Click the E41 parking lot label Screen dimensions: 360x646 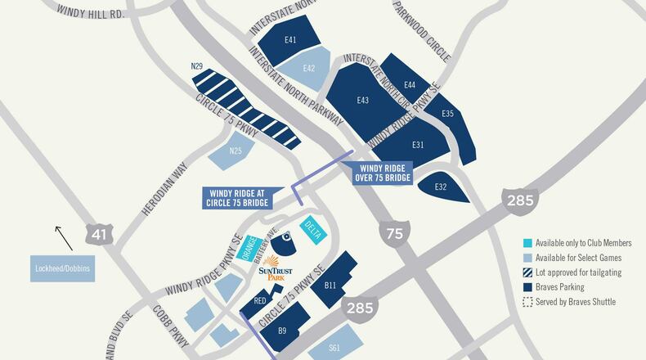point(289,39)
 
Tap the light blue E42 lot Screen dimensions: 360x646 point(308,68)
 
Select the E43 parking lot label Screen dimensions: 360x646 point(363,100)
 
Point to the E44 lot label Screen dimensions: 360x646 point(410,85)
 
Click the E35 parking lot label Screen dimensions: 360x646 point(447,113)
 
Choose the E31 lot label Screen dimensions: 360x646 point(418,145)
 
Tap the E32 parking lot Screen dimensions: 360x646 point(441,187)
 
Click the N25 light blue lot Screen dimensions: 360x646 point(236,151)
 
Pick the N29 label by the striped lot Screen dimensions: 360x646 point(196,65)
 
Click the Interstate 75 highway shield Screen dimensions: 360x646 point(394,233)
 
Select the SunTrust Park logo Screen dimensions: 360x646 point(275,270)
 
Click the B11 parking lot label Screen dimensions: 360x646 point(331,285)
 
